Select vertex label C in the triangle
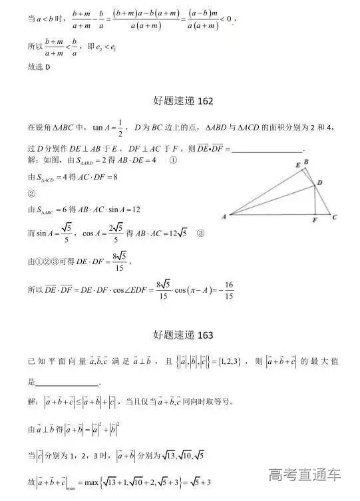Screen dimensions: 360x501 [335, 217]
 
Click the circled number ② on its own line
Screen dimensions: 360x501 [31, 194]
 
